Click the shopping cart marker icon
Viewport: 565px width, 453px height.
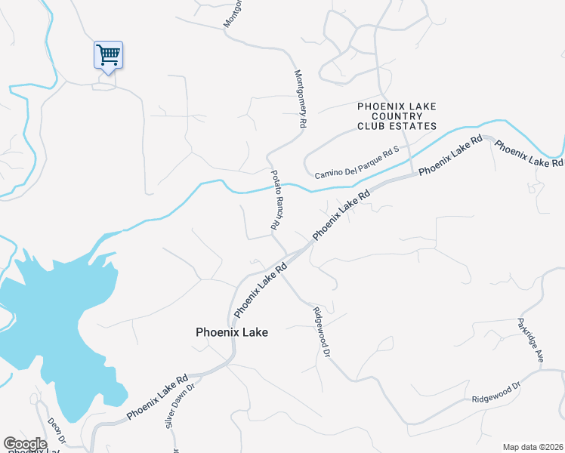click(108, 54)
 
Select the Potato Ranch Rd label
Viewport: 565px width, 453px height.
click(276, 199)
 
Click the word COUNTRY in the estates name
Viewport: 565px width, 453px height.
click(397, 116)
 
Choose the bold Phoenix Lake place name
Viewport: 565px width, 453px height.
click(231, 331)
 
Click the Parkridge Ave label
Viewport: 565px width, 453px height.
click(530, 340)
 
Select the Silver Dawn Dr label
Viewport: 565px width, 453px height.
click(180, 405)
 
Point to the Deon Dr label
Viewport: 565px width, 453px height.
click(57, 430)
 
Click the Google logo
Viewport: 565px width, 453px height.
click(25, 444)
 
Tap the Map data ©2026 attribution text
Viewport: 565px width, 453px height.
click(532, 447)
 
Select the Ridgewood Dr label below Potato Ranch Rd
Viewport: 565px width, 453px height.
click(322, 331)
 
